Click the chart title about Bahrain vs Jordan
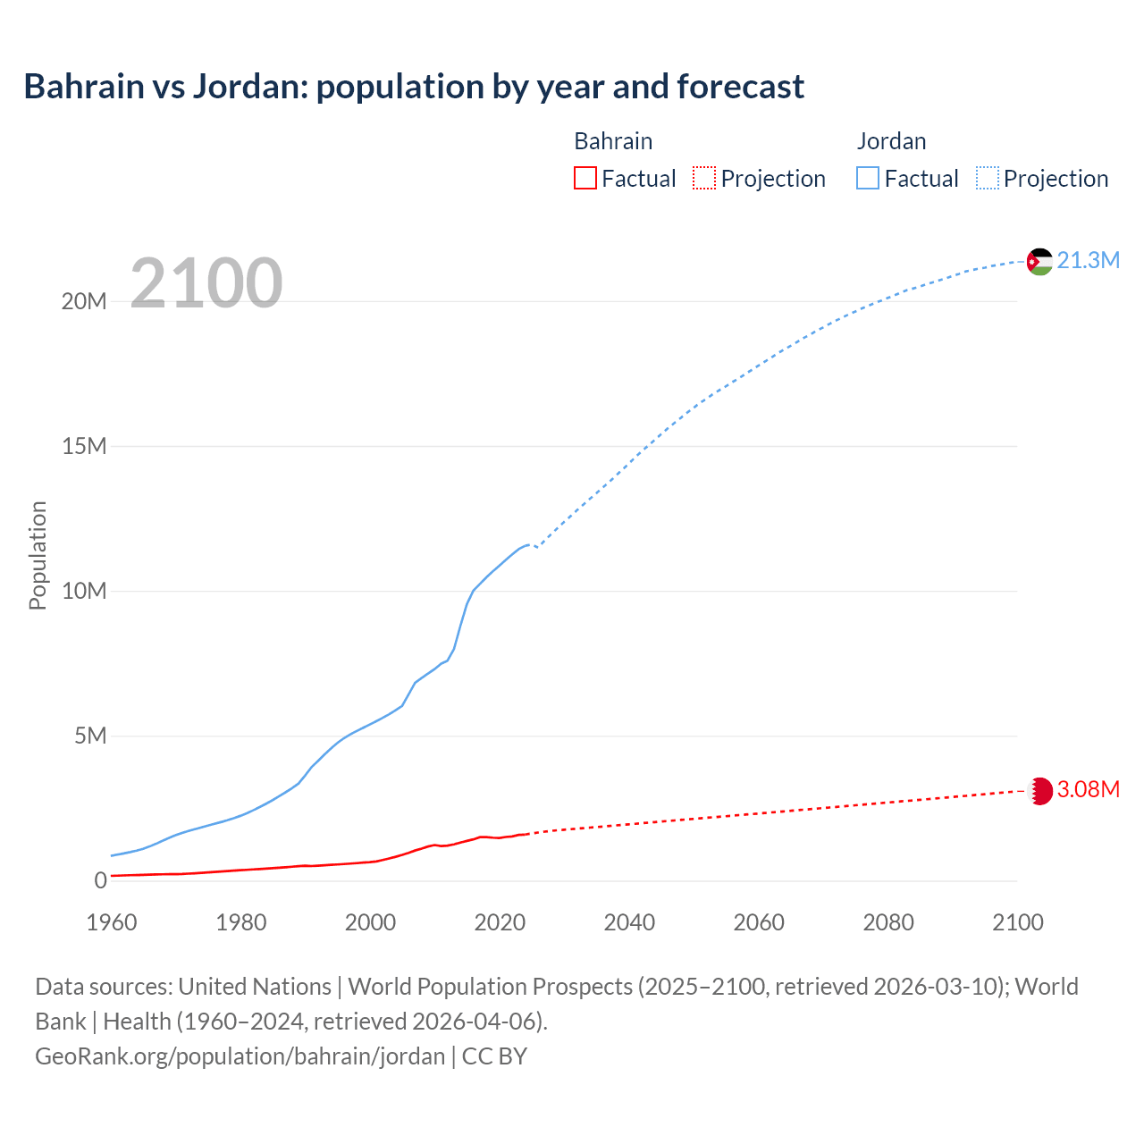click(x=414, y=87)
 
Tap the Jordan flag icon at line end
click(x=1039, y=261)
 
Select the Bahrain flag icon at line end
click(x=1039, y=791)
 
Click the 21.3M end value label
click(x=1088, y=260)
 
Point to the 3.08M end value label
click(x=1088, y=790)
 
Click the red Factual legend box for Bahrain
click(x=585, y=179)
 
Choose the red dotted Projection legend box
click(x=704, y=179)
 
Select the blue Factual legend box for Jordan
click(x=868, y=179)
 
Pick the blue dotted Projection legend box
click(x=988, y=179)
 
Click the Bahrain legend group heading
click(x=613, y=141)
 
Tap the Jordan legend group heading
click(x=891, y=141)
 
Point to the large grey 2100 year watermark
click(x=206, y=283)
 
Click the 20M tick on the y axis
click(x=84, y=302)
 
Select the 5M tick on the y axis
click(x=90, y=736)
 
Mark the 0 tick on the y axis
click(x=100, y=881)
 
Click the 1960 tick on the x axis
click(x=112, y=922)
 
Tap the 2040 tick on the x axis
click(x=629, y=922)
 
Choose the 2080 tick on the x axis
click(x=888, y=922)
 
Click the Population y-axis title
click(x=38, y=555)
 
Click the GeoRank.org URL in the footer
click(x=240, y=1056)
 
